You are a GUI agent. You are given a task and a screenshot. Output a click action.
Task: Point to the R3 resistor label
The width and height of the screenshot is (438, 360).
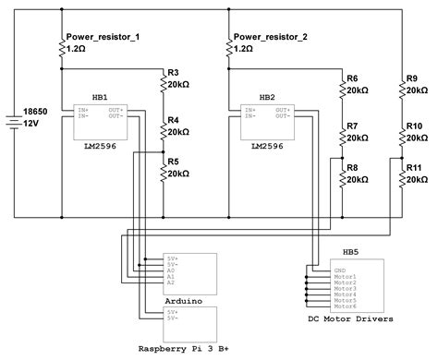click(174, 73)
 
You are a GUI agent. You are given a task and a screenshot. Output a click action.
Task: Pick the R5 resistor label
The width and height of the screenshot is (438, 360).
click(174, 162)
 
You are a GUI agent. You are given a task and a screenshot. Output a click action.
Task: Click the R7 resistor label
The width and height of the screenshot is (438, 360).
click(352, 126)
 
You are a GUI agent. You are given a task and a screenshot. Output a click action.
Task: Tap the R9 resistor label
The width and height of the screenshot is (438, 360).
click(412, 78)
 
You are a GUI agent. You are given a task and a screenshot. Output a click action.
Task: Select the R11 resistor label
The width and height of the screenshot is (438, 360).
click(415, 167)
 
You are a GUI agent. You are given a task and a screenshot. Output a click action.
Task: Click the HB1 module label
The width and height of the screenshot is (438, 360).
click(100, 96)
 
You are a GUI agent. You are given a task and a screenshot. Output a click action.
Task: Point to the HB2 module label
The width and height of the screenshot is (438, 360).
click(267, 96)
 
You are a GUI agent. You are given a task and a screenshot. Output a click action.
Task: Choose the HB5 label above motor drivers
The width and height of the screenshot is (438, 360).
click(351, 251)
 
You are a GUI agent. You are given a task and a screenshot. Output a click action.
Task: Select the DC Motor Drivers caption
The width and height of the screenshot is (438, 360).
click(350, 319)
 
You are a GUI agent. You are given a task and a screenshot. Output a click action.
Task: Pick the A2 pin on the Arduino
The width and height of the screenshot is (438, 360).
click(171, 284)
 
